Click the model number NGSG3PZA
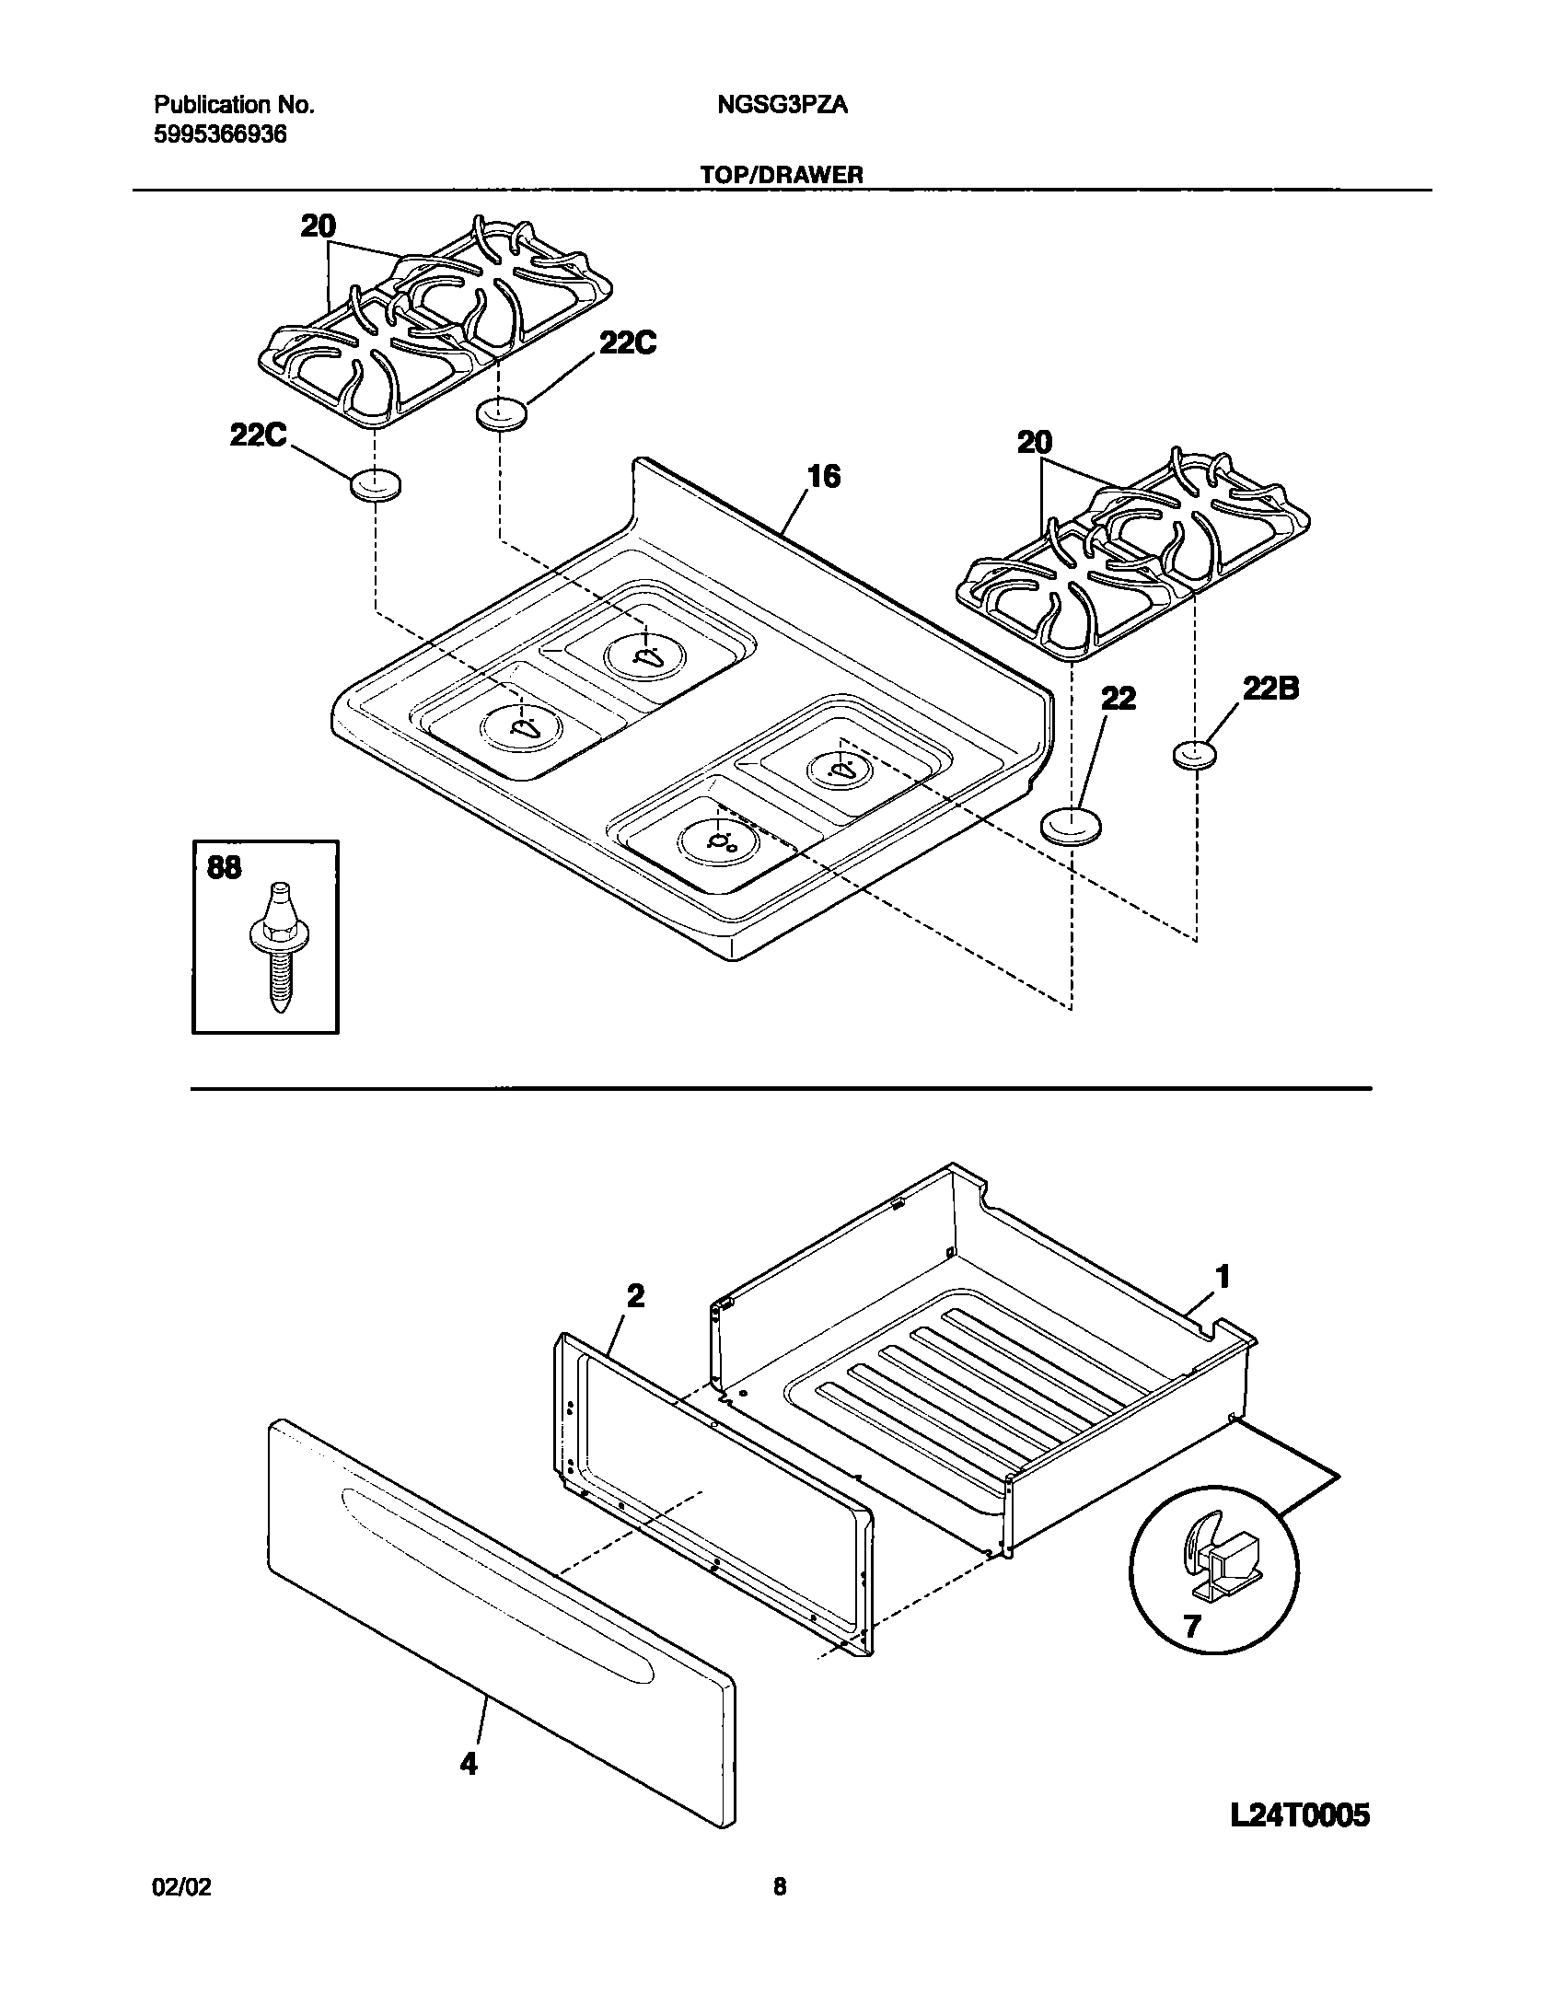coord(782,106)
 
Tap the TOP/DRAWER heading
coord(781,175)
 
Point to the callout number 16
coord(823,477)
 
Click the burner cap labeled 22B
coord(1195,756)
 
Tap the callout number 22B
coord(1270,689)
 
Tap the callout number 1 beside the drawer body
coord(1223,1278)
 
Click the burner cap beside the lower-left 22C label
coord(375,485)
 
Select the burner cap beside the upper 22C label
coord(503,413)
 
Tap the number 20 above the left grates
coord(319,226)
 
